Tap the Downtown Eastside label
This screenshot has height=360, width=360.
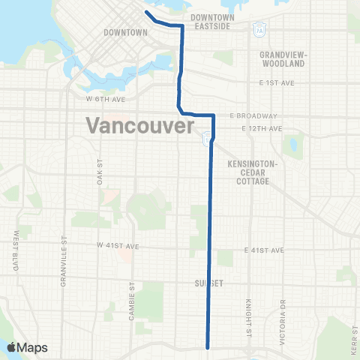(x=213, y=21)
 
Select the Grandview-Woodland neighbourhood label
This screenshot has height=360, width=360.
(x=283, y=59)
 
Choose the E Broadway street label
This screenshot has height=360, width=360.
(x=253, y=116)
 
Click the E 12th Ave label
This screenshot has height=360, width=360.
(x=262, y=129)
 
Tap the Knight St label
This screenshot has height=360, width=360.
(x=247, y=315)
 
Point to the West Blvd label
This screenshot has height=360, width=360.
(x=16, y=250)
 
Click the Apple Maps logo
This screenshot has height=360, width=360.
(x=27, y=347)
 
